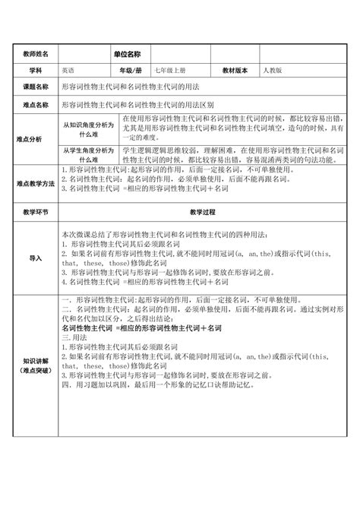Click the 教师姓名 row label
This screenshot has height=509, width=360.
click(x=36, y=55)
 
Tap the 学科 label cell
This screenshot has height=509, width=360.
click(x=36, y=70)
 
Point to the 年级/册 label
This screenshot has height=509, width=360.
click(x=127, y=70)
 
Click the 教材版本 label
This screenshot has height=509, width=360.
click(x=236, y=70)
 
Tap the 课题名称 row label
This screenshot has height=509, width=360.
click(x=36, y=88)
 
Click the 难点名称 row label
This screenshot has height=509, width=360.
click(x=36, y=106)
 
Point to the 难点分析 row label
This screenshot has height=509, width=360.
click(x=36, y=139)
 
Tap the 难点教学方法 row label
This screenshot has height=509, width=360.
click(x=36, y=184)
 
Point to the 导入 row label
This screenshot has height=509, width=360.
click(x=36, y=258)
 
